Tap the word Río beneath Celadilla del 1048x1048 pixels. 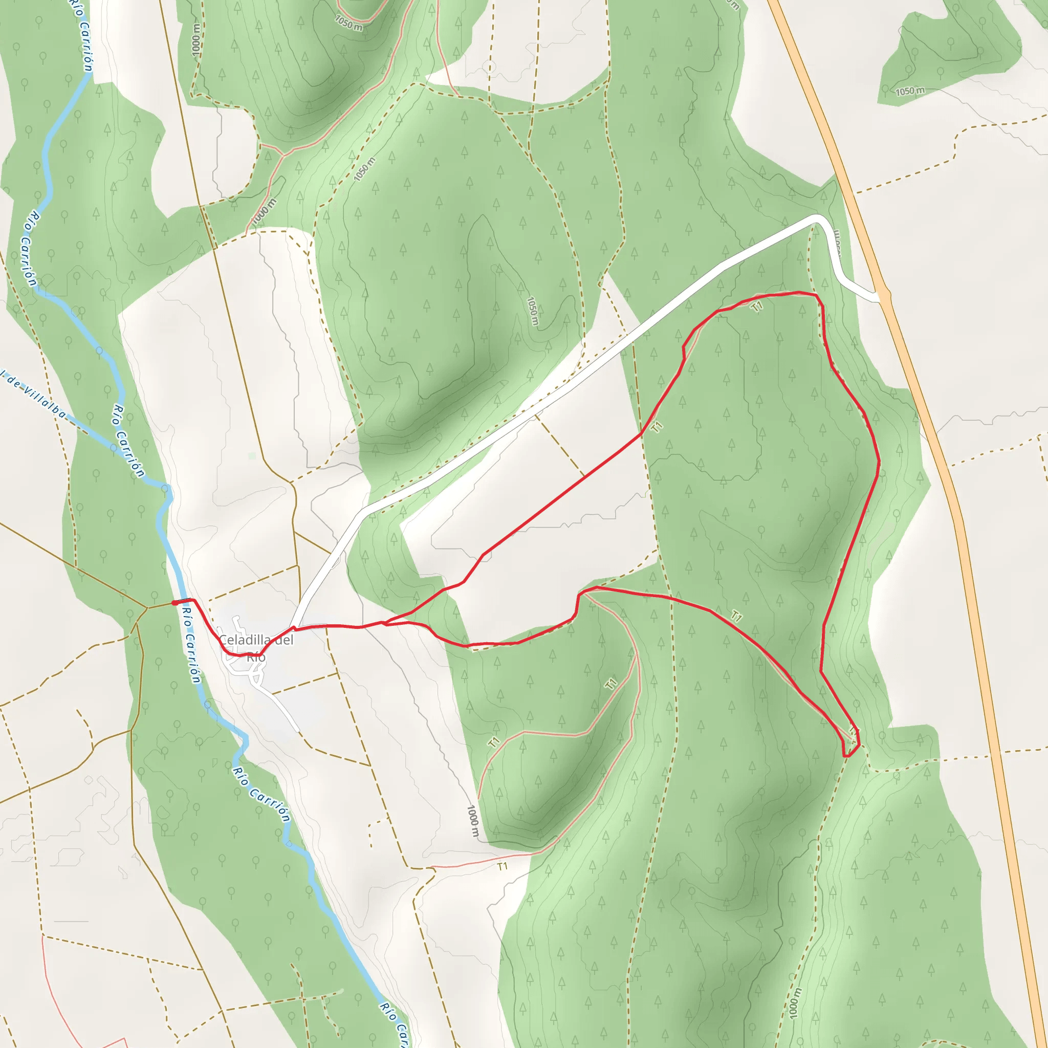pos(256,658)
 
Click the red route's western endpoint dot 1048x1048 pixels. pos(174,603)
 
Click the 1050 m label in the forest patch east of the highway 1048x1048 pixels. pos(910,91)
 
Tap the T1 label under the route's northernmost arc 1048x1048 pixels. pos(757,307)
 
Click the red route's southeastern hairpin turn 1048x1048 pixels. pos(850,754)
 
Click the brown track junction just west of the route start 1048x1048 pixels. pos(147,607)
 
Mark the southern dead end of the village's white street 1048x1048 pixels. pos(297,730)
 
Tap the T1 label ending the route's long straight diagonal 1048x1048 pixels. pos(658,427)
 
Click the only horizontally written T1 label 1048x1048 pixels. pos(503,866)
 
